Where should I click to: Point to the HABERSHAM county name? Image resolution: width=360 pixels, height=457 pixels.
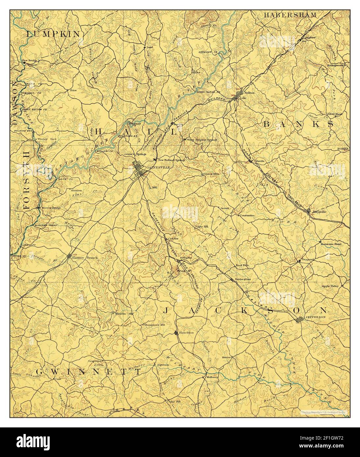click(291, 15)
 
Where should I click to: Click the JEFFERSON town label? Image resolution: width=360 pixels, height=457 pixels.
click(316, 317)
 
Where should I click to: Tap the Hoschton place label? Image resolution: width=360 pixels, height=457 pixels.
click(186, 333)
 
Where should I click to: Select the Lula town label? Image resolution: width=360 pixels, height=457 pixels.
click(243, 98)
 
